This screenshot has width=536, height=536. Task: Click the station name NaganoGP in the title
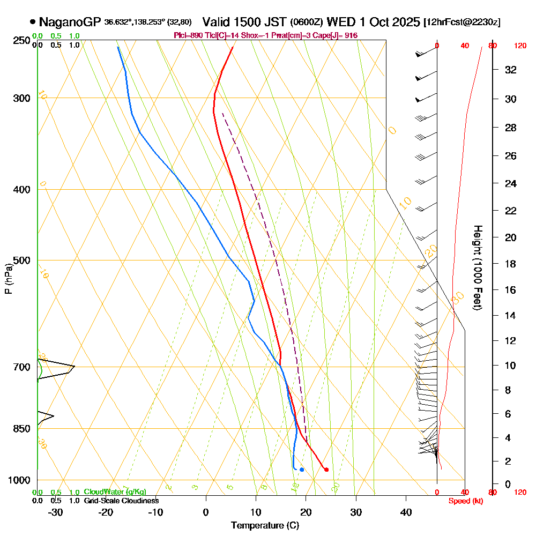[x=70, y=22]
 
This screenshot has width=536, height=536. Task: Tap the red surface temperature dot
[x=326, y=470]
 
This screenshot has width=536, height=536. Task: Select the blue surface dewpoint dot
[x=302, y=470]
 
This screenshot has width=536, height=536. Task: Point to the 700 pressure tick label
[x=25, y=367]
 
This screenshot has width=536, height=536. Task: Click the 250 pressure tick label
[x=25, y=40]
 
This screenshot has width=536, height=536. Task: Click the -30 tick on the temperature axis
[x=55, y=512]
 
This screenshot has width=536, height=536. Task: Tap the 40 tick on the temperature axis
[x=406, y=512]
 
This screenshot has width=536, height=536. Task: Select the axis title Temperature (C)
[x=265, y=525]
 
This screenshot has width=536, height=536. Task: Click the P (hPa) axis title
[x=8, y=278]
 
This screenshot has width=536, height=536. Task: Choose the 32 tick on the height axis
[x=510, y=70]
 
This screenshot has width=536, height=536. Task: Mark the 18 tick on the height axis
[x=510, y=264]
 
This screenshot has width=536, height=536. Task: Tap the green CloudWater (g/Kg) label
[x=115, y=492]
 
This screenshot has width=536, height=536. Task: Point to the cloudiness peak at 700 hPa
[x=73, y=367]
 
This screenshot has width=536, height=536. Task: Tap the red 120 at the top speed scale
[x=520, y=46]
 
